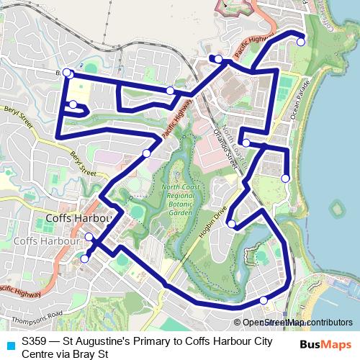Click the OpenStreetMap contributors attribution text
click(297, 323)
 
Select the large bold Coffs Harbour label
click(78, 217)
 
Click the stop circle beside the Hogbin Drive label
click(231, 225)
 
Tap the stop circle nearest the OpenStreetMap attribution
click(264, 300)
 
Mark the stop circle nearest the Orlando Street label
click(246, 143)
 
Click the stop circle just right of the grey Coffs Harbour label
click(89, 237)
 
